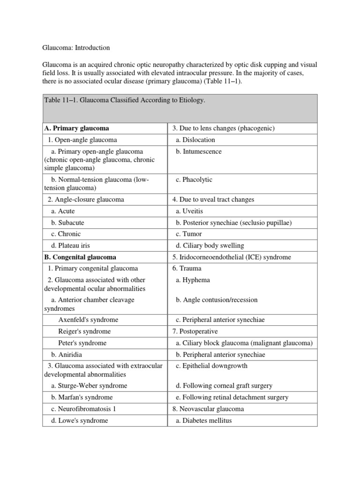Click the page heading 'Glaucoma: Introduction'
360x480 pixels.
76,48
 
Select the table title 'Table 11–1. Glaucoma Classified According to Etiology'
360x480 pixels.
125,100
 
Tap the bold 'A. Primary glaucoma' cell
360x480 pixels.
76,128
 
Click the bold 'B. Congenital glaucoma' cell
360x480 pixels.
80,257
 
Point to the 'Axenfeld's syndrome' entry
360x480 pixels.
88,320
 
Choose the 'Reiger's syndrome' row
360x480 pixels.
84,331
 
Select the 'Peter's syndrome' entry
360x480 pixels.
82,343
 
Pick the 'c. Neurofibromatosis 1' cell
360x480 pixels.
84,409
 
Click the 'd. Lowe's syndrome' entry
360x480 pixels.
80,420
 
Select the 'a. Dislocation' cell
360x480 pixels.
195,140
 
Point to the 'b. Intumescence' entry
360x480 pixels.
199,151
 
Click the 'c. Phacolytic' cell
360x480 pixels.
194,180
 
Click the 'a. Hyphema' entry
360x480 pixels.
193,280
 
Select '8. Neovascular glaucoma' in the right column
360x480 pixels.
208,409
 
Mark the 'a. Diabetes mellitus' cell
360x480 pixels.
204,420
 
